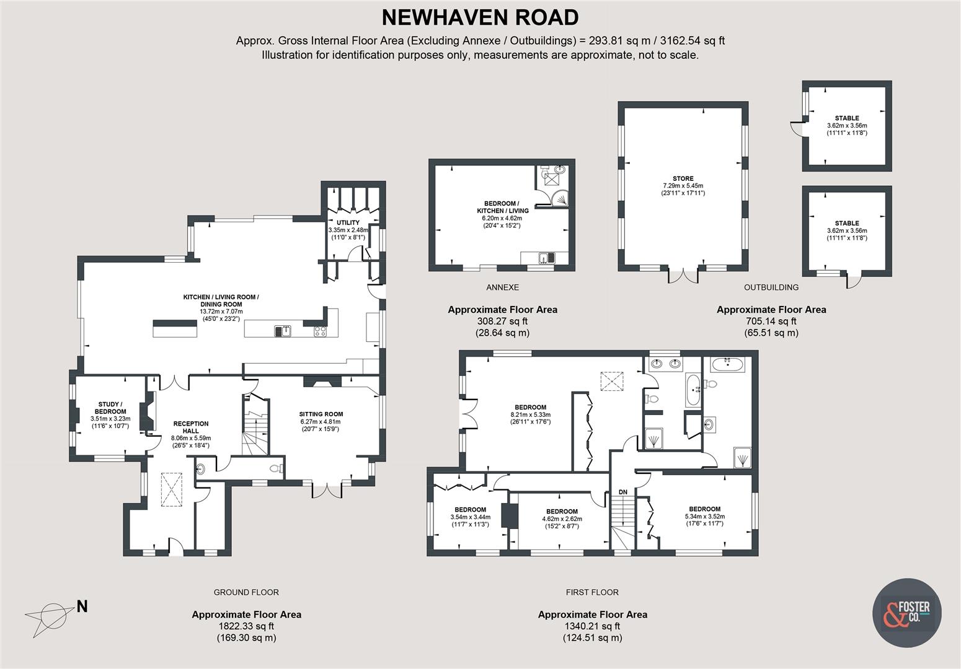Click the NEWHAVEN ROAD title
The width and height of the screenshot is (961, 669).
480,17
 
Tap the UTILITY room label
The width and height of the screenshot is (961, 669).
348,222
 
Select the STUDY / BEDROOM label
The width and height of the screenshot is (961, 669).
110,408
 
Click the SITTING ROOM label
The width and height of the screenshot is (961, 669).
321,414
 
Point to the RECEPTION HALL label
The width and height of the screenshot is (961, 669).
190,427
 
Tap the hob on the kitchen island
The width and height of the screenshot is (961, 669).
320,331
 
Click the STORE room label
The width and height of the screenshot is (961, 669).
683,178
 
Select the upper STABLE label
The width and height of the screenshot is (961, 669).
846,118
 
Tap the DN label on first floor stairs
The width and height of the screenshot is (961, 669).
622,492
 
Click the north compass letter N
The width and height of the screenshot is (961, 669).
82,606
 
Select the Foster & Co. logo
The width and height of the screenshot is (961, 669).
906,613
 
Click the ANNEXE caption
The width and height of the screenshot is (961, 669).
502,287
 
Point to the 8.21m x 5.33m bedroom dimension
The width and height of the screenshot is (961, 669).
530,415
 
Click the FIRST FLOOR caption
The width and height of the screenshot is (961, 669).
592,592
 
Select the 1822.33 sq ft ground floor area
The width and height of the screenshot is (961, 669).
246,626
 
